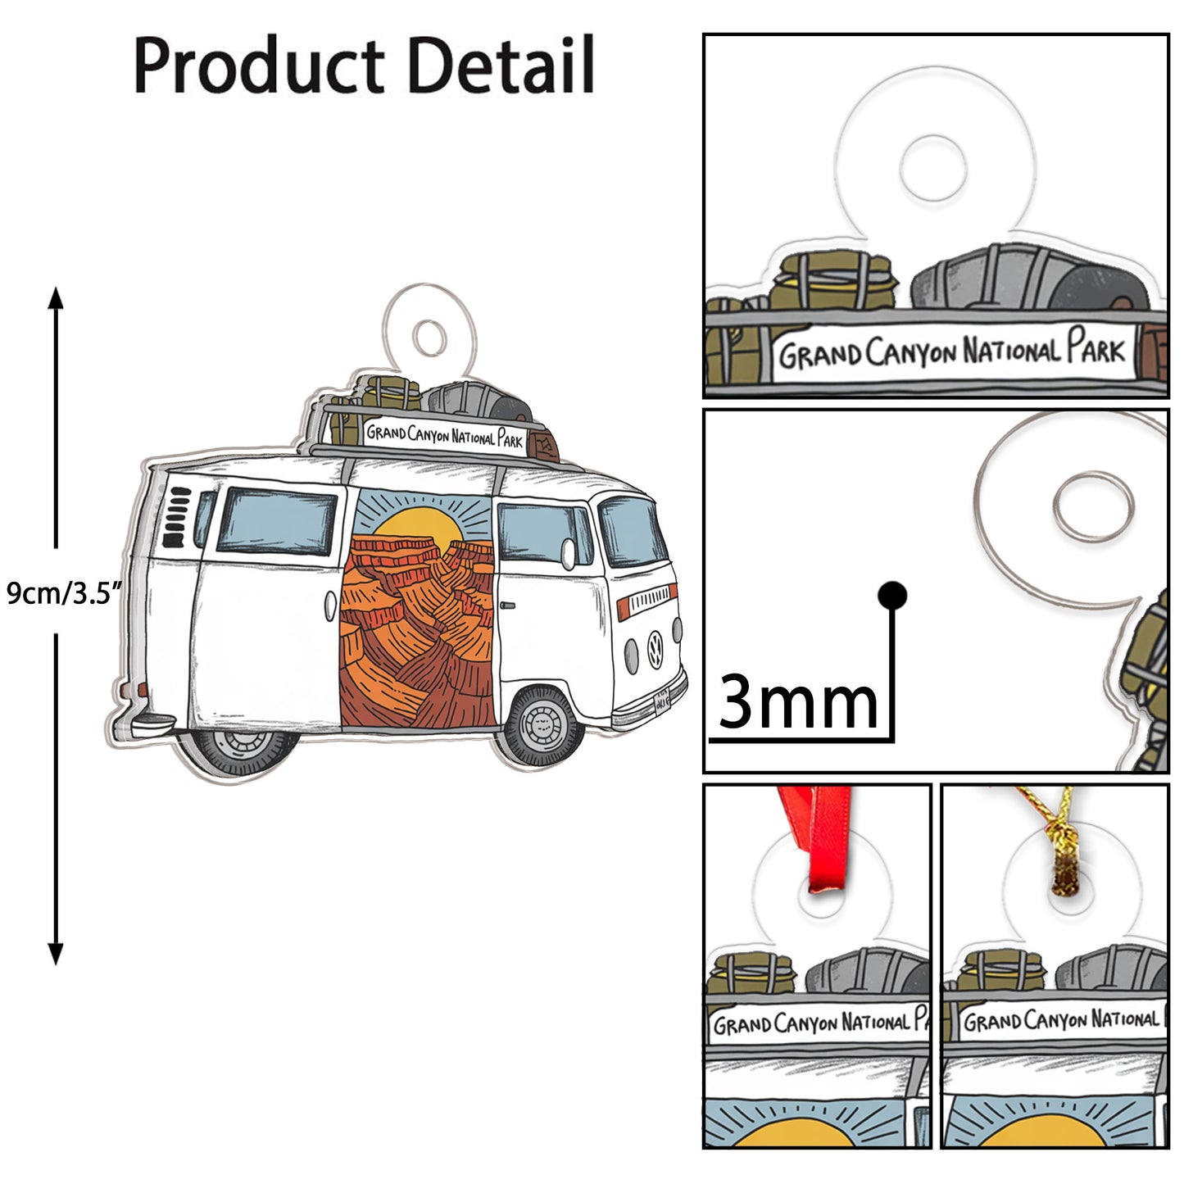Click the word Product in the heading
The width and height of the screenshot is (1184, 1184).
pyautogui.click(x=258, y=66)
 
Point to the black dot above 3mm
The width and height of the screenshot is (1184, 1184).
pyautogui.click(x=891, y=595)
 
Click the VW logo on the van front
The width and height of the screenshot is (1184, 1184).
pyautogui.click(x=655, y=647)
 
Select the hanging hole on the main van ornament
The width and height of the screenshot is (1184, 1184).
pyautogui.click(x=429, y=337)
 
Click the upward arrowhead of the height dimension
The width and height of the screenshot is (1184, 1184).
pyautogui.click(x=56, y=297)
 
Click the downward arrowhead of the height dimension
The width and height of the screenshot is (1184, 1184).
pyautogui.click(x=56, y=954)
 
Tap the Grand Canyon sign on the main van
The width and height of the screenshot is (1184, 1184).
pyautogui.click(x=443, y=435)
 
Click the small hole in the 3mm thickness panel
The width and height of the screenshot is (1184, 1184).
pyautogui.click(x=1093, y=505)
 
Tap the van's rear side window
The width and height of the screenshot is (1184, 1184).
pyautogui.click(x=278, y=520)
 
